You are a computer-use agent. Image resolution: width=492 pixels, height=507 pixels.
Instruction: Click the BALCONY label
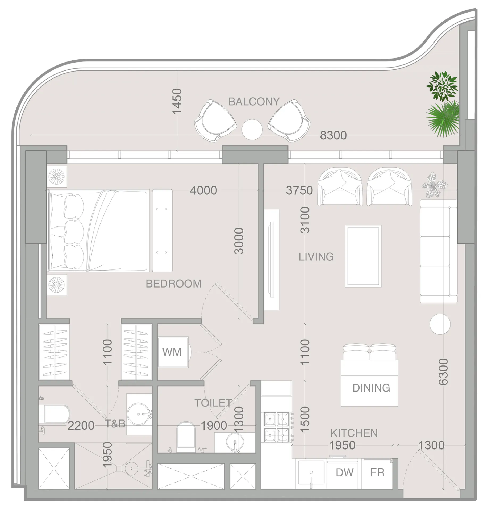254,102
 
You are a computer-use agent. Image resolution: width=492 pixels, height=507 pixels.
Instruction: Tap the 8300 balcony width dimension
333,135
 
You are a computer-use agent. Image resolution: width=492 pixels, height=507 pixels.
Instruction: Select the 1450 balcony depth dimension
177,101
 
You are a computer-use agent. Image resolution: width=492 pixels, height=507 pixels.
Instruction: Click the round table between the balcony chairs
252,130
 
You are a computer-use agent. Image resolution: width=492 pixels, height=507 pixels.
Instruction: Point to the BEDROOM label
173,284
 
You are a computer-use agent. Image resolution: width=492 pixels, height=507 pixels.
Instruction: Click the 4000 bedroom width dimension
203,190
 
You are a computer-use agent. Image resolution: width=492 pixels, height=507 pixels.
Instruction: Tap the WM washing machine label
172,352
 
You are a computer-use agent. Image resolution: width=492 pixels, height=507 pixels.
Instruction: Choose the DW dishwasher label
344,472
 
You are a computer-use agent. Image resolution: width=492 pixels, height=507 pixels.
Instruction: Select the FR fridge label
377,472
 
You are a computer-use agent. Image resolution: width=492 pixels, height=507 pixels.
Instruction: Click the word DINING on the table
371,388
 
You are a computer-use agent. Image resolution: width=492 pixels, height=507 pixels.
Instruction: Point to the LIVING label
316,257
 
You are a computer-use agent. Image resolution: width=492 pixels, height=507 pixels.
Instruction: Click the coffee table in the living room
363,256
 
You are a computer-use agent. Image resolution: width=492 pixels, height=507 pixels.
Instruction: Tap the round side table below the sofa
440,324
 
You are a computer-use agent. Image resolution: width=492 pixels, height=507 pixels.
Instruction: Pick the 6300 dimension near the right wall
443,372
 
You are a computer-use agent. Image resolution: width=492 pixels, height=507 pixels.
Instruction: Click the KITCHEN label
354,433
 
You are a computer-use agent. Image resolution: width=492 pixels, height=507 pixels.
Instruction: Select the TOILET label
213,403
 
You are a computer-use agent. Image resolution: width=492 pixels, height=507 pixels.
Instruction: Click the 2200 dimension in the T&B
81,426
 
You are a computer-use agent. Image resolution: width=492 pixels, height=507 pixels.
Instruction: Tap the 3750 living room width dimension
299,190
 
